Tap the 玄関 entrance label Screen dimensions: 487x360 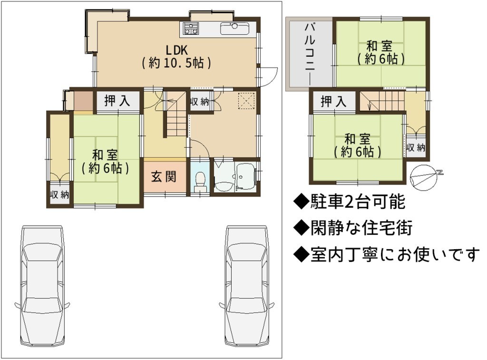pos(164,177)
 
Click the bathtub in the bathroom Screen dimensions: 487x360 pos(245,175)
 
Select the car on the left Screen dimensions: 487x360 pos(42,286)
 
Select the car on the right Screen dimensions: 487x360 pos(247,286)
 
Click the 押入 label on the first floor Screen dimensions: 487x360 pos(117,101)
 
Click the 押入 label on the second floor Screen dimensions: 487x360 pos(333,101)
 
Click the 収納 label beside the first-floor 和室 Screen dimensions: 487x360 pos(59,195)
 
